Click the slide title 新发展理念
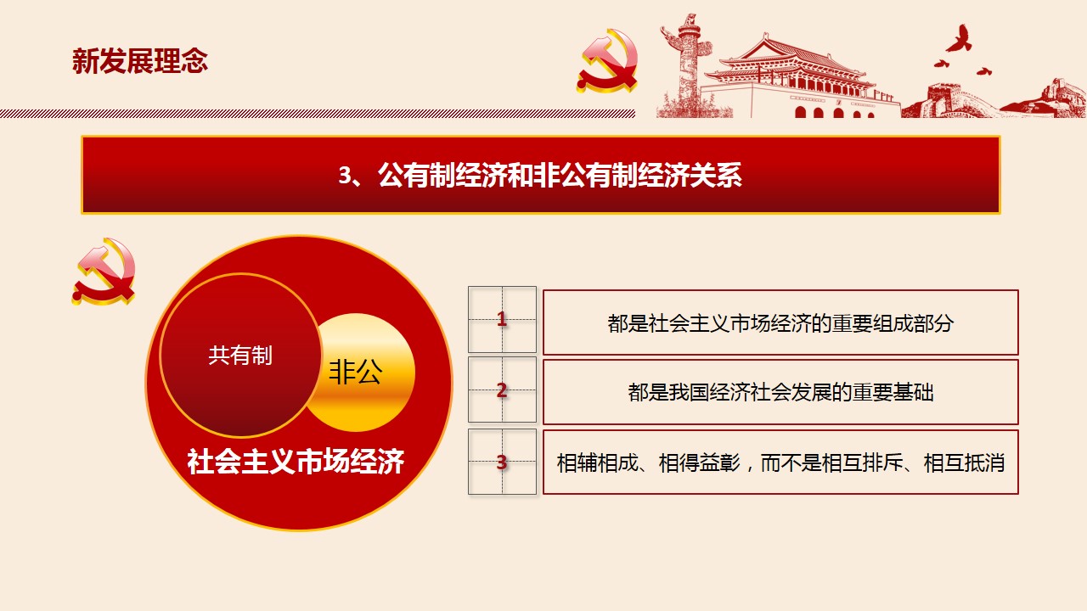click(x=140, y=61)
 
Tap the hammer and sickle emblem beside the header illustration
click(x=607, y=61)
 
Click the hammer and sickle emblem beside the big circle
click(x=104, y=272)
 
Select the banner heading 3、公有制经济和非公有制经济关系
click(x=540, y=175)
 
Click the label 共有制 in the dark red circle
click(x=240, y=356)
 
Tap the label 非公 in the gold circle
click(x=356, y=373)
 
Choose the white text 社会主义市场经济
click(x=296, y=461)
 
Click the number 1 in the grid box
click(x=502, y=318)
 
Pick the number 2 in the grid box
click(x=502, y=390)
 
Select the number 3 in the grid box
click(x=502, y=462)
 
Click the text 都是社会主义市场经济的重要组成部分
click(x=780, y=323)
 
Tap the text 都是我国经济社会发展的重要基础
click(x=780, y=392)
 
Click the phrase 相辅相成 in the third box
click(x=597, y=463)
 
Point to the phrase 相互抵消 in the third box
click(x=964, y=463)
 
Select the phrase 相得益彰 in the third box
click(x=699, y=463)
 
